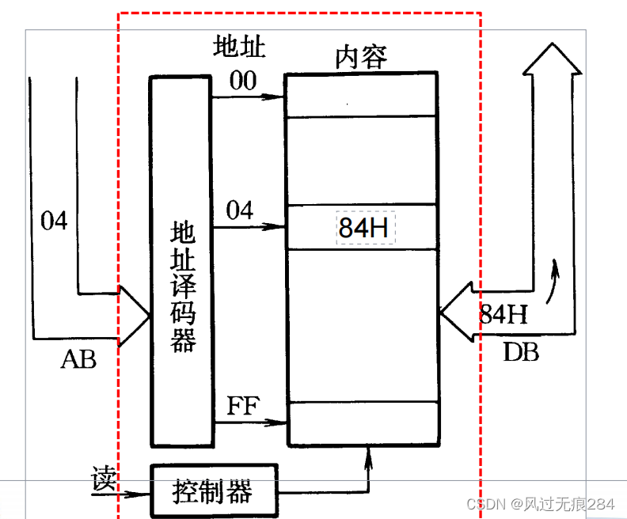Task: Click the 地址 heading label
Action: pos(238,47)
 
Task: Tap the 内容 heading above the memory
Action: pos(361,57)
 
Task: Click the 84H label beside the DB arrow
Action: pos(503,314)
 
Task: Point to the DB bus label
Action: pos(521,351)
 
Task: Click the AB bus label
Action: pos(78,360)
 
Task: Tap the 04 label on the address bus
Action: pos(55,221)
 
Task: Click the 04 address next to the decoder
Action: pos(240,210)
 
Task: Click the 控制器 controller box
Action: pos(213,491)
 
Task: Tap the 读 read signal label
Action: pos(104,479)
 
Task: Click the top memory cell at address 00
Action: pos(361,96)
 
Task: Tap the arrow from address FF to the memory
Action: pos(249,422)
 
